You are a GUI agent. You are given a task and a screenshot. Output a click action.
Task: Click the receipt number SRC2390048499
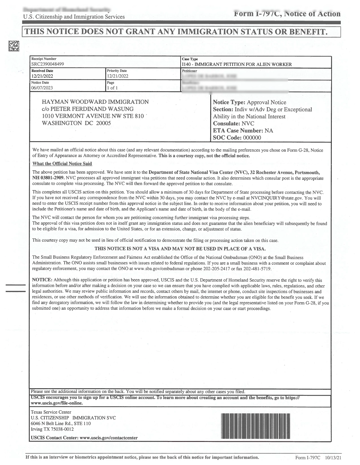pyautogui.click(x=47, y=64)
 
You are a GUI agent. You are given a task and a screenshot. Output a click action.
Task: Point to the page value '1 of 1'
pyautogui.click(x=112, y=88)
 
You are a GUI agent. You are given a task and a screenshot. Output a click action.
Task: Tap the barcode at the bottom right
pyautogui.click(x=256, y=426)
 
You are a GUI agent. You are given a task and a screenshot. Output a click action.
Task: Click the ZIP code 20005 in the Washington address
pyautogui.click(x=103, y=123)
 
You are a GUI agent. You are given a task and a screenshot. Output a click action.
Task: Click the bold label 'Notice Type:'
pyautogui.click(x=229, y=102)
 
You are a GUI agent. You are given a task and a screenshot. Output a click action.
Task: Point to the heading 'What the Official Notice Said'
pyautogui.click(x=62, y=164)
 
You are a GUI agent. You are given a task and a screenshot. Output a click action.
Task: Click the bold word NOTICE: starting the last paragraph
pyautogui.click(x=42, y=280)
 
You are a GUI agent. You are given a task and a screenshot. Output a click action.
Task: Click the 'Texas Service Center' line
pyautogui.click(x=51, y=412)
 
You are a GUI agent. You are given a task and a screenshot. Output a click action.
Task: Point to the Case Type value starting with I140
pyautogui.click(x=237, y=64)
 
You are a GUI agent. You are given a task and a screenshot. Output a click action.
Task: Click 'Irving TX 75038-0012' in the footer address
pyautogui.click(x=52, y=429)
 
